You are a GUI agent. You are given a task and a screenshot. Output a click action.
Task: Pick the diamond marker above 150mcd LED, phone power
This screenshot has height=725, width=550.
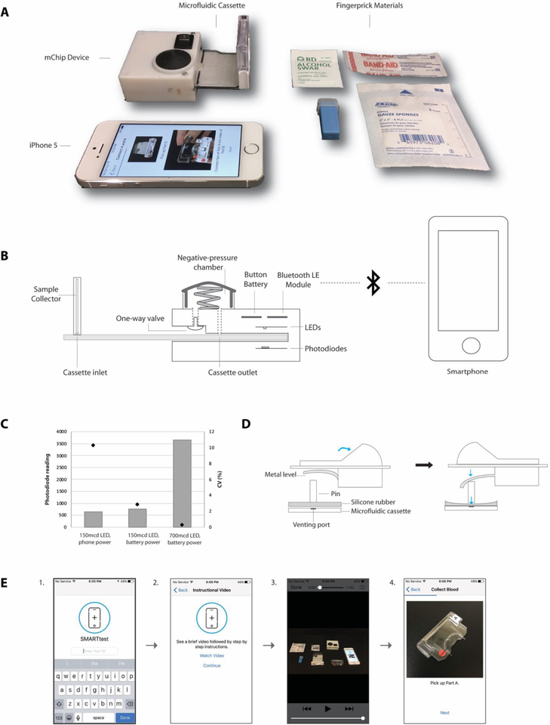point(93,445)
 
